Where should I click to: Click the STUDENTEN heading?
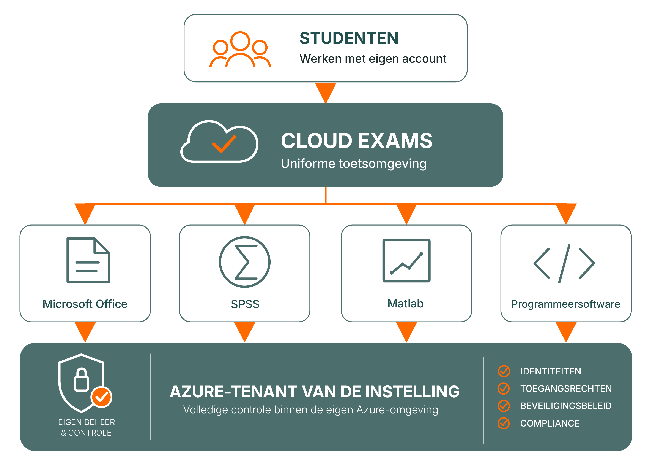click(349, 38)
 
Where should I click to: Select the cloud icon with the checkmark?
click(219, 141)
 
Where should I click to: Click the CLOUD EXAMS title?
click(357, 141)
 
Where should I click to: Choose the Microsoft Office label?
click(85, 304)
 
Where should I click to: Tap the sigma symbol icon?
click(245, 262)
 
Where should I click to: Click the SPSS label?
click(245, 304)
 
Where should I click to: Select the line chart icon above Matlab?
click(406, 261)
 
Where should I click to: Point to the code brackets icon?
click(564, 263)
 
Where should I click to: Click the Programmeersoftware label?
click(566, 304)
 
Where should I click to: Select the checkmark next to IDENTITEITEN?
click(504, 371)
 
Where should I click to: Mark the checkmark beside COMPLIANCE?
click(504, 423)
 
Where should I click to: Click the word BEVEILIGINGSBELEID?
click(566, 406)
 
